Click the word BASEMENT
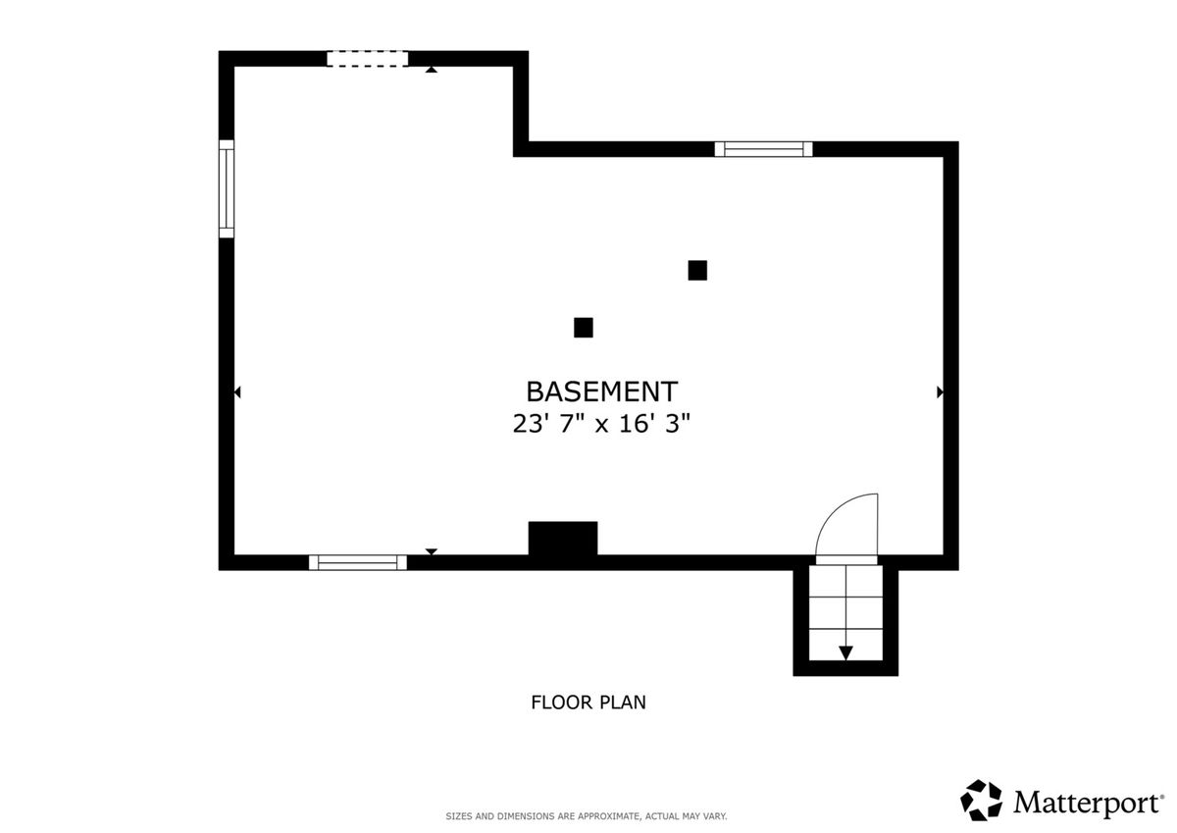click(x=601, y=391)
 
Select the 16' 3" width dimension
click(x=654, y=423)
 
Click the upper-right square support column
click(x=697, y=270)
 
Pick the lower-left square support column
click(x=584, y=328)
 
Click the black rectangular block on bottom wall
click(x=563, y=539)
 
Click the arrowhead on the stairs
click(x=845, y=652)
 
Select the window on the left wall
click(x=227, y=188)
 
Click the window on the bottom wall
click(x=358, y=562)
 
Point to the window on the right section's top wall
click(x=763, y=149)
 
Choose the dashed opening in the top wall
click(x=367, y=59)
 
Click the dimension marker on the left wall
click(x=237, y=392)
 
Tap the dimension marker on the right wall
click(x=940, y=392)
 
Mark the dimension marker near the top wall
click(x=432, y=70)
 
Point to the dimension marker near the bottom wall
click(x=432, y=551)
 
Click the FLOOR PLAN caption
click(x=588, y=703)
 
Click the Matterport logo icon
click(x=982, y=801)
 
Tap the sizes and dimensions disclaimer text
click(x=587, y=816)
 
